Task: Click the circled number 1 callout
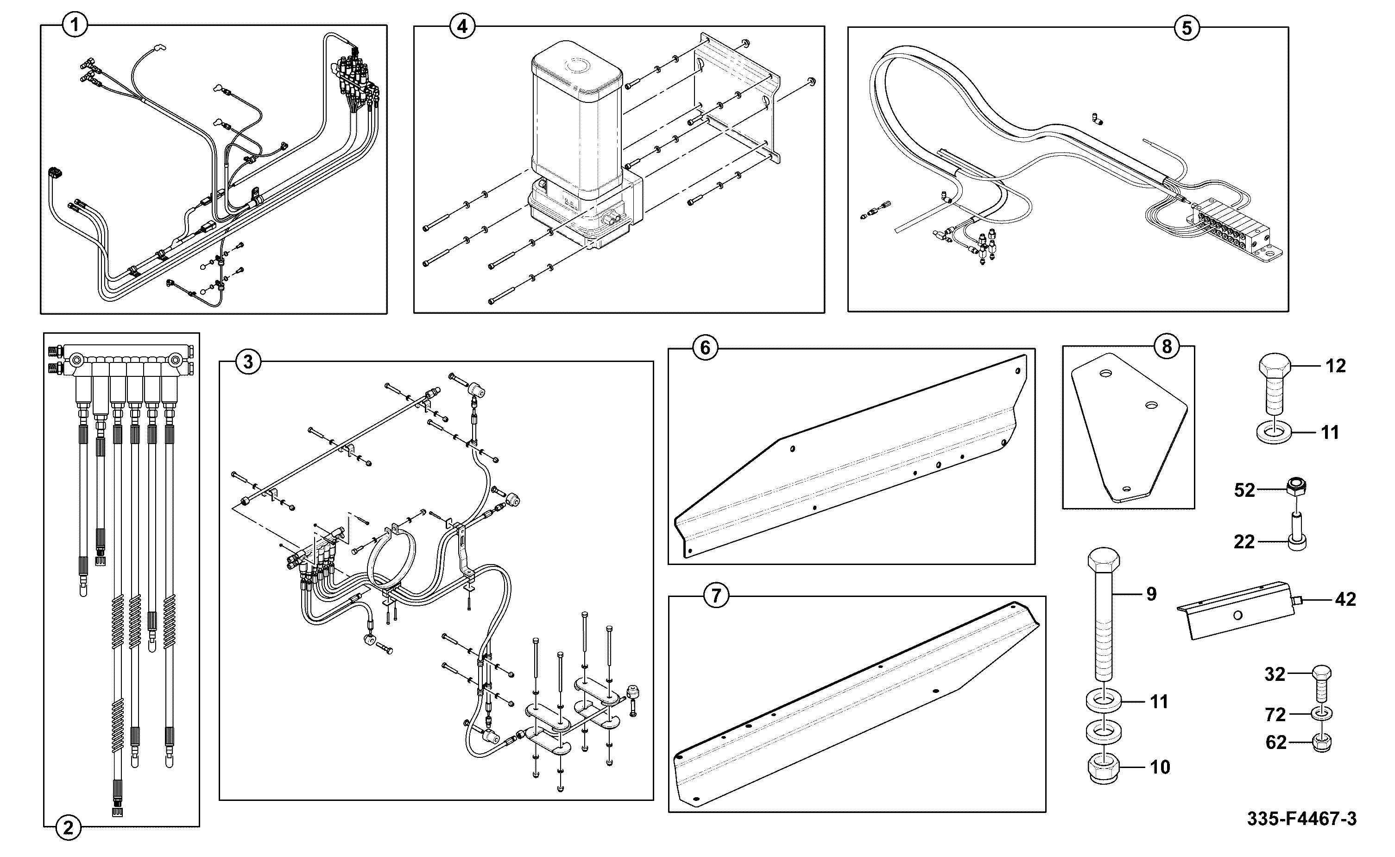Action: click(x=75, y=25)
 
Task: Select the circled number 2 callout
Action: click(x=68, y=829)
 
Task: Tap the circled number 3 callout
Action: click(x=248, y=361)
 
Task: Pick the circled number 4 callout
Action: click(x=462, y=26)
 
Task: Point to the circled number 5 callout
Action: click(x=1187, y=28)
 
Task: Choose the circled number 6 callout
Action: click(x=705, y=348)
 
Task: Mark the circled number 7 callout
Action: click(x=716, y=596)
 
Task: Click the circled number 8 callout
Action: click(x=1167, y=346)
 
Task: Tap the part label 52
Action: click(x=1245, y=490)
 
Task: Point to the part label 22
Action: click(x=1244, y=542)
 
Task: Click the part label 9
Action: click(x=1151, y=594)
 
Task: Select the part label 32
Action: click(x=1275, y=674)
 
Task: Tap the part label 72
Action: click(x=1275, y=715)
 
